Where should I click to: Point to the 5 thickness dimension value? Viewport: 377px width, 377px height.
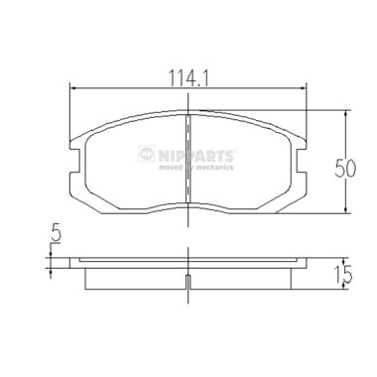(56, 236)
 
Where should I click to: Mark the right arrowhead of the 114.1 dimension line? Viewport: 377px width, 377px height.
(303, 89)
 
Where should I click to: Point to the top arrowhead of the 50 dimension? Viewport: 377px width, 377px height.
(344, 112)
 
